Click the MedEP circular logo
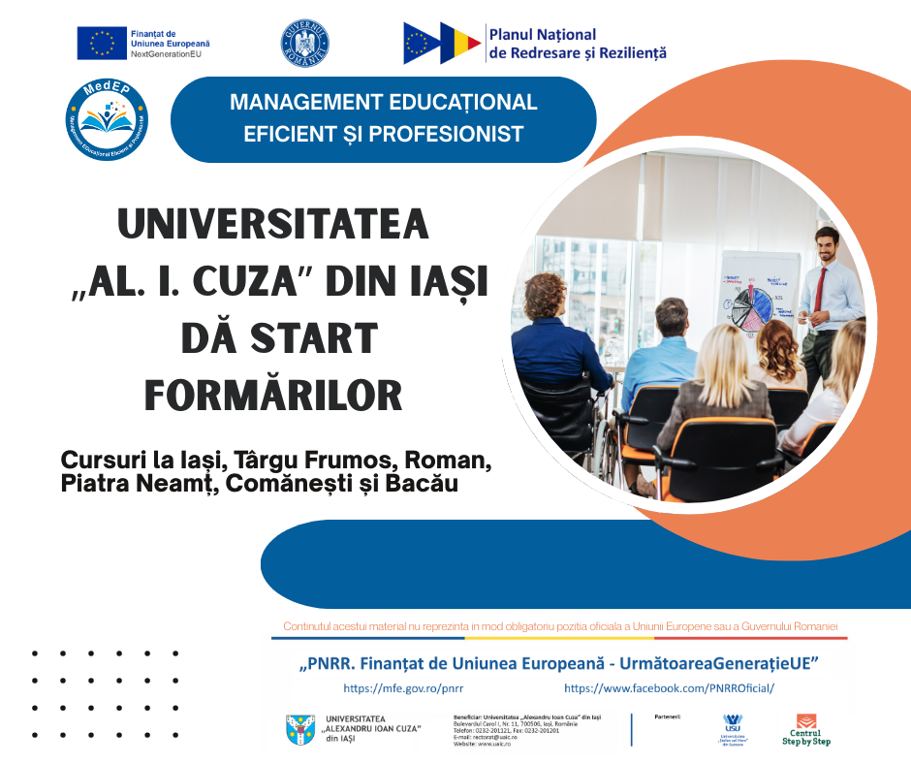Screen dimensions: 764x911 tap(107, 119)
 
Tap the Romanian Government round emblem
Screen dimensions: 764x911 tap(304, 43)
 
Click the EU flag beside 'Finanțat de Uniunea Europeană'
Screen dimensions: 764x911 tap(102, 43)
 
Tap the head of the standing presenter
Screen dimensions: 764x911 tap(826, 242)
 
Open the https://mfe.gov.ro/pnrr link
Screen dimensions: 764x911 tap(403, 688)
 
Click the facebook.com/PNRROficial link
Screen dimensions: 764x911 tap(669, 688)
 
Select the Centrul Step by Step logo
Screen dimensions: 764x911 tap(806, 730)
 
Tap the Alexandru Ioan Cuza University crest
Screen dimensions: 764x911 tap(300, 730)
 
